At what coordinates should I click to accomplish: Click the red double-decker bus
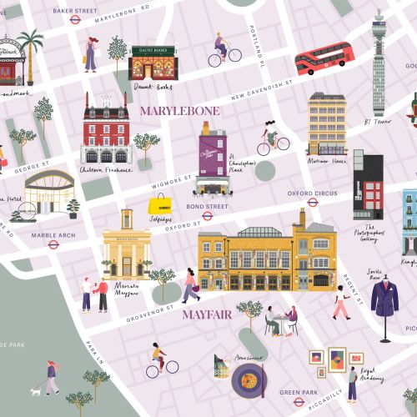point(324,58)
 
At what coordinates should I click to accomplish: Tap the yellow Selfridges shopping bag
point(158,204)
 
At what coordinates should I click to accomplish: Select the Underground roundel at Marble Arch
point(53,244)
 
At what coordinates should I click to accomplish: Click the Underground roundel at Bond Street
point(207,215)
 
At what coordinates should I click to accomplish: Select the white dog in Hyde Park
point(36,389)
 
